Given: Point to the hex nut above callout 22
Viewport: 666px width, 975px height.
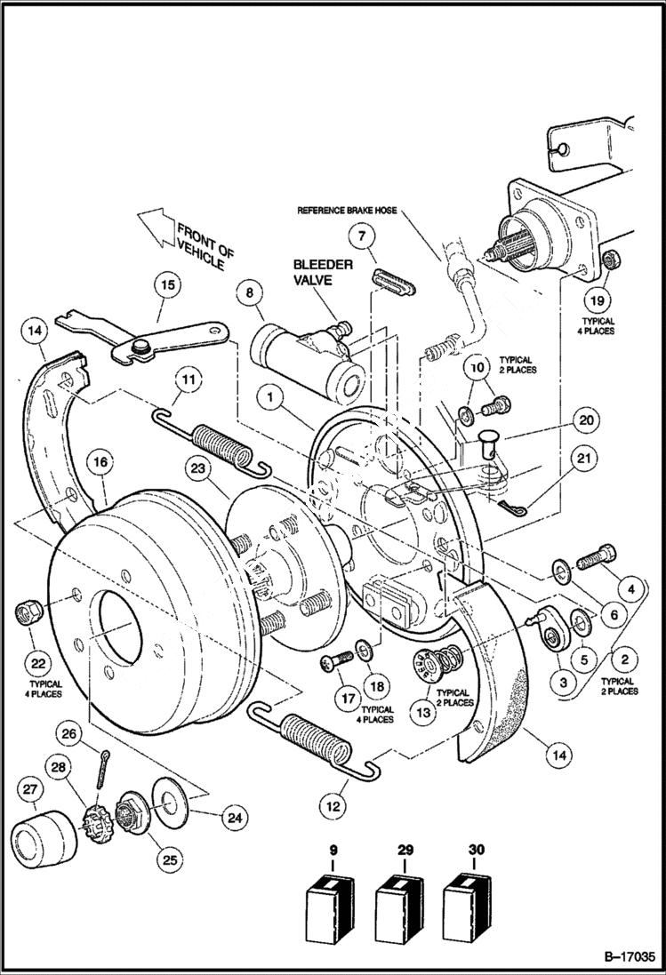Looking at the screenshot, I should coord(26,612).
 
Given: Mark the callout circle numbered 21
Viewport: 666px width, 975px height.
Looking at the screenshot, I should coord(583,460).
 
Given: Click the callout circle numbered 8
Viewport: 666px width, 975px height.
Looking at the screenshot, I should coord(249,292).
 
